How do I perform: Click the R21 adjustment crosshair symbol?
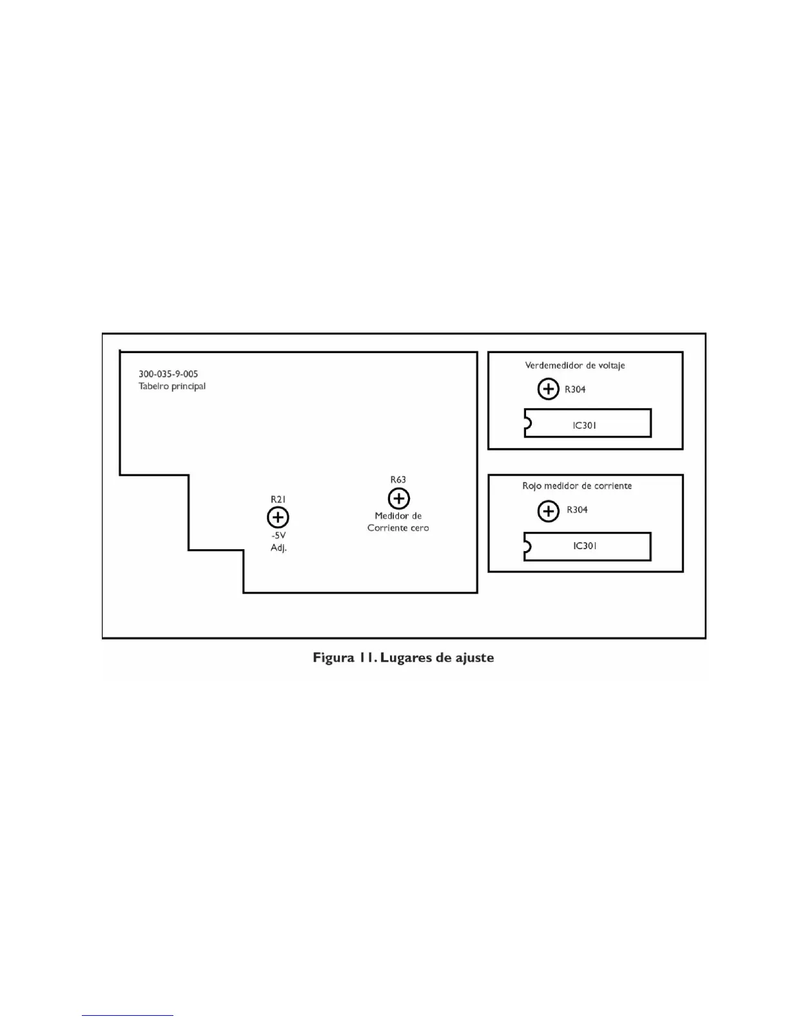(x=278, y=518)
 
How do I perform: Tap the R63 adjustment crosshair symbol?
(x=399, y=498)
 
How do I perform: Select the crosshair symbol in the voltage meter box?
(x=548, y=389)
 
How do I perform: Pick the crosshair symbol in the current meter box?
(x=548, y=511)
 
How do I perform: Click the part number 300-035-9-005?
(x=168, y=374)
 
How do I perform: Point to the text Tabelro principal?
(x=172, y=386)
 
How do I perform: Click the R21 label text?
(x=278, y=500)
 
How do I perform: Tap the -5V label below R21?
(x=278, y=536)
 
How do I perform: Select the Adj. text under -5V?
(x=278, y=548)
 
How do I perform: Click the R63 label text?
(x=398, y=480)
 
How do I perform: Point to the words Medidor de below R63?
(x=398, y=516)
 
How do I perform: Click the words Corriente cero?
(x=398, y=528)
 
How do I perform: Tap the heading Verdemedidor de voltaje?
(x=575, y=365)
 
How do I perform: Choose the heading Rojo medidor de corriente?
(x=577, y=486)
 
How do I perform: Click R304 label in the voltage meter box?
(x=575, y=389)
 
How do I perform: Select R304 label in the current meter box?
(x=577, y=510)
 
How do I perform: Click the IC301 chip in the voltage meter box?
(x=587, y=423)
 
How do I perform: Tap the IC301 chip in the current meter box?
(x=587, y=546)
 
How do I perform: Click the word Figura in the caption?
(x=333, y=658)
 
